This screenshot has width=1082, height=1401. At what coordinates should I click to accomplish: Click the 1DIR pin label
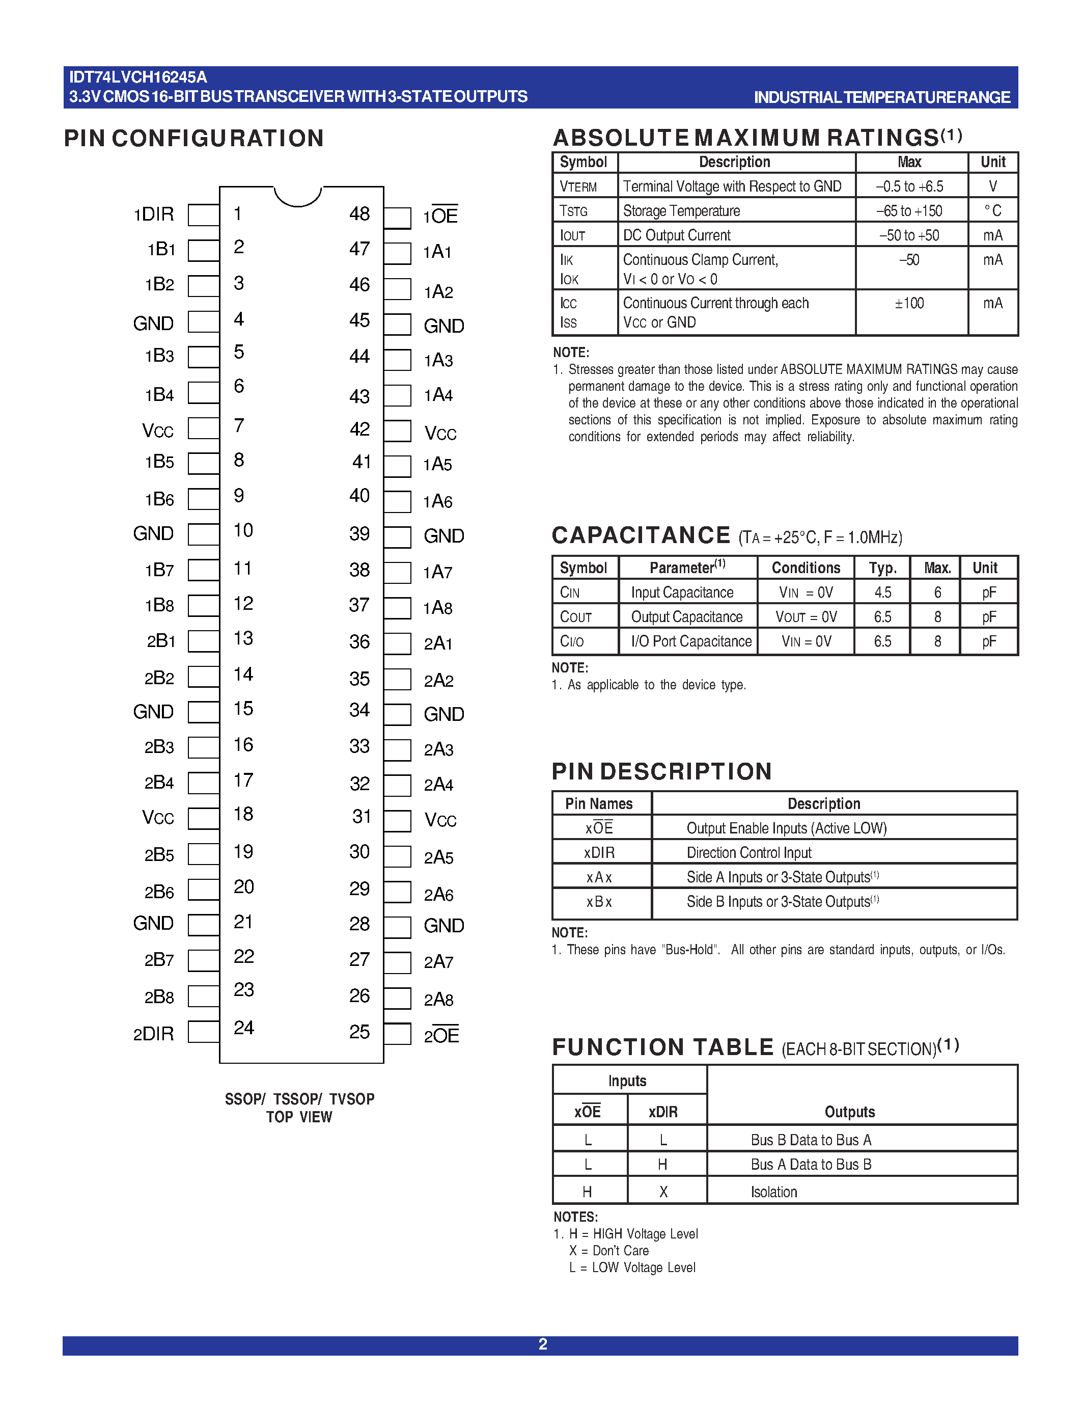pos(153,214)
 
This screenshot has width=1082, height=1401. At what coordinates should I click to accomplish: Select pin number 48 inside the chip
pos(359,213)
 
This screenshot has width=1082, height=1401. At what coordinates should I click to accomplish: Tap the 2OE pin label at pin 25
pos(441,1035)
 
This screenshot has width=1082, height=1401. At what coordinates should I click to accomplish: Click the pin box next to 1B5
pos(203,463)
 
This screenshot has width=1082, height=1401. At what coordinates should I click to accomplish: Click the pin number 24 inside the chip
pos(243,1028)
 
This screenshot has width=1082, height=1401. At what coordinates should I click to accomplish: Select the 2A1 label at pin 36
pos(438,643)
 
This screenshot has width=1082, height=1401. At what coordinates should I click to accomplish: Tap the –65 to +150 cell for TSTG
pos(909,211)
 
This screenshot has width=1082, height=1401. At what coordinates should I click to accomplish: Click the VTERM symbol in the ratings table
pos(577,186)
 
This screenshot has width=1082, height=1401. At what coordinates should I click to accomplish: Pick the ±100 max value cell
pos(909,304)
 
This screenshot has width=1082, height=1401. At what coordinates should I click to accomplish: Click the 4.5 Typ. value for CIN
pos(882,592)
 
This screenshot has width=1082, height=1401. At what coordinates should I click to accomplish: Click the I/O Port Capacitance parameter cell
pos(691,641)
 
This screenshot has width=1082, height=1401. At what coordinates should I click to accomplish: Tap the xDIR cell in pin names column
pos(599,852)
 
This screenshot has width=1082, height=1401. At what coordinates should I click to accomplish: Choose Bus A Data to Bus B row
pos(810,1164)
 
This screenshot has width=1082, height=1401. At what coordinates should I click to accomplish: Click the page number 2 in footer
pos(542,1344)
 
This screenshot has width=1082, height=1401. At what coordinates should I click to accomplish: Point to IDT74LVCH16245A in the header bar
pos(138,77)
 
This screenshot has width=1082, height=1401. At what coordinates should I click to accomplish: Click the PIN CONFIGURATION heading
pos(193,139)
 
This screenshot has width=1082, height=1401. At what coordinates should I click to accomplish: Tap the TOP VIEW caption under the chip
pos(299,1117)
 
